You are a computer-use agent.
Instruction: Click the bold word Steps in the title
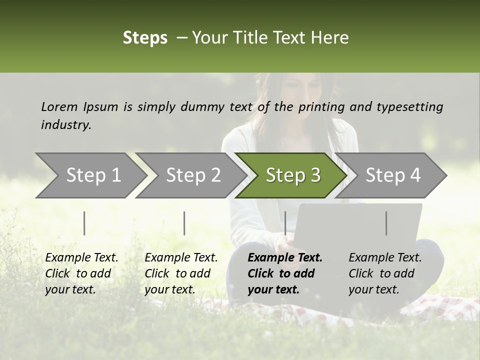pyautogui.click(x=145, y=38)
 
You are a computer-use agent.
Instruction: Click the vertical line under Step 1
pyautogui.click(x=84, y=223)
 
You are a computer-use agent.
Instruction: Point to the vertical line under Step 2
pyautogui.click(x=184, y=223)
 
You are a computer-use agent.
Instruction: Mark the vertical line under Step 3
pyautogui.click(x=285, y=223)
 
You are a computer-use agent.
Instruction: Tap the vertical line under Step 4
pyautogui.click(x=386, y=223)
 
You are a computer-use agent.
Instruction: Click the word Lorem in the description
pyautogui.click(x=59, y=106)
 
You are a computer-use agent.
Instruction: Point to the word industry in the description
pyautogui.click(x=66, y=125)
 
